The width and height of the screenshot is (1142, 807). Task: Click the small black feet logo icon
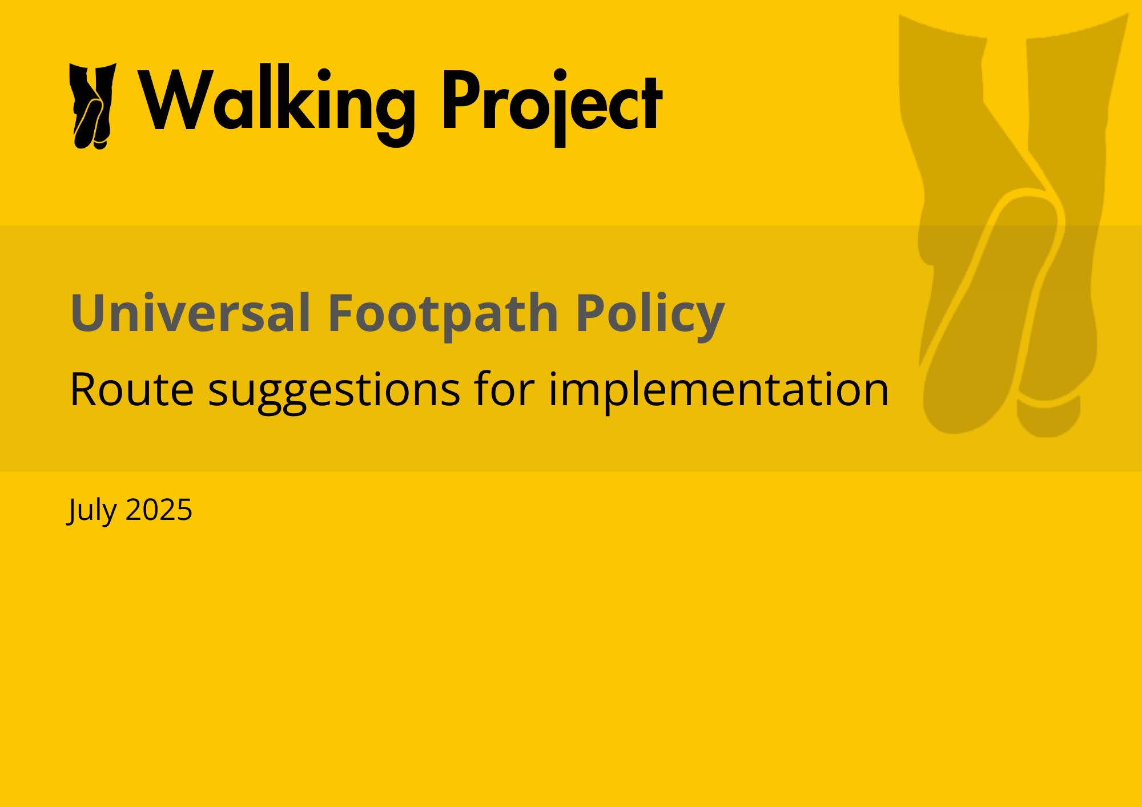[93, 106]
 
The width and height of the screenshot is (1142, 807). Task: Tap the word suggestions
[334, 392]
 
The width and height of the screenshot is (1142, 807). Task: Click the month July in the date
[92, 510]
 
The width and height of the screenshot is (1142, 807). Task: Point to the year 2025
[159, 510]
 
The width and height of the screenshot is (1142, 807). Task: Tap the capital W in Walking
[177, 99]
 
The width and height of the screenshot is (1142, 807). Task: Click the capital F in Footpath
[341, 313]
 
